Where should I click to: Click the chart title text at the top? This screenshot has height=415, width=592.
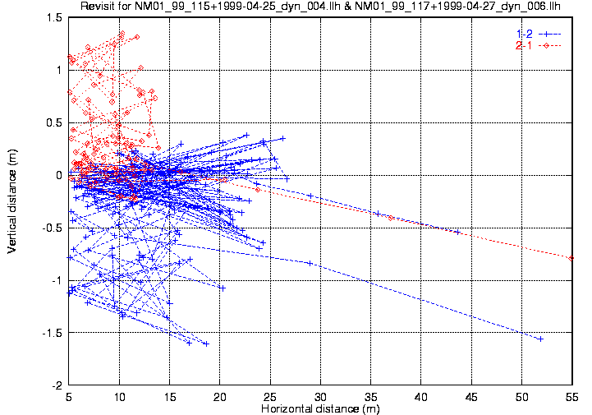(320, 7)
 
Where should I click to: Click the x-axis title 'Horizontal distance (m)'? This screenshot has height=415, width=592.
(320, 408)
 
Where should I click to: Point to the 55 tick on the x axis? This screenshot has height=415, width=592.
(571, 396)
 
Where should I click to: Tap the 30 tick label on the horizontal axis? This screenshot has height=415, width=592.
(320, 396)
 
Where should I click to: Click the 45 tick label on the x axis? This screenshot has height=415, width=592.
(471, 396)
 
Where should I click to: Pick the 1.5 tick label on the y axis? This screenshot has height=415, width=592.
(53, 17)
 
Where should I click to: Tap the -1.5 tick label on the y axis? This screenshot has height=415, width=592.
(52, 333)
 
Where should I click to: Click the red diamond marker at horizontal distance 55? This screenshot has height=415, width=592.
(571, 258)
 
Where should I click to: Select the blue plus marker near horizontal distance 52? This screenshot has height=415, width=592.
(540, 339)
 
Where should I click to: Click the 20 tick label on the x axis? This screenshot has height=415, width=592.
(220, 396)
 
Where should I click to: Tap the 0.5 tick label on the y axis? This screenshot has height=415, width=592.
(53, 122)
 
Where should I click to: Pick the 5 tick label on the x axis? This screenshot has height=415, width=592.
(69, 396)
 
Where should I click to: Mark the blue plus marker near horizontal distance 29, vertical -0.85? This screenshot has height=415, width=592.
(310, 263)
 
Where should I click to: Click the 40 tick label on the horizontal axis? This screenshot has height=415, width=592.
(421, 396)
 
